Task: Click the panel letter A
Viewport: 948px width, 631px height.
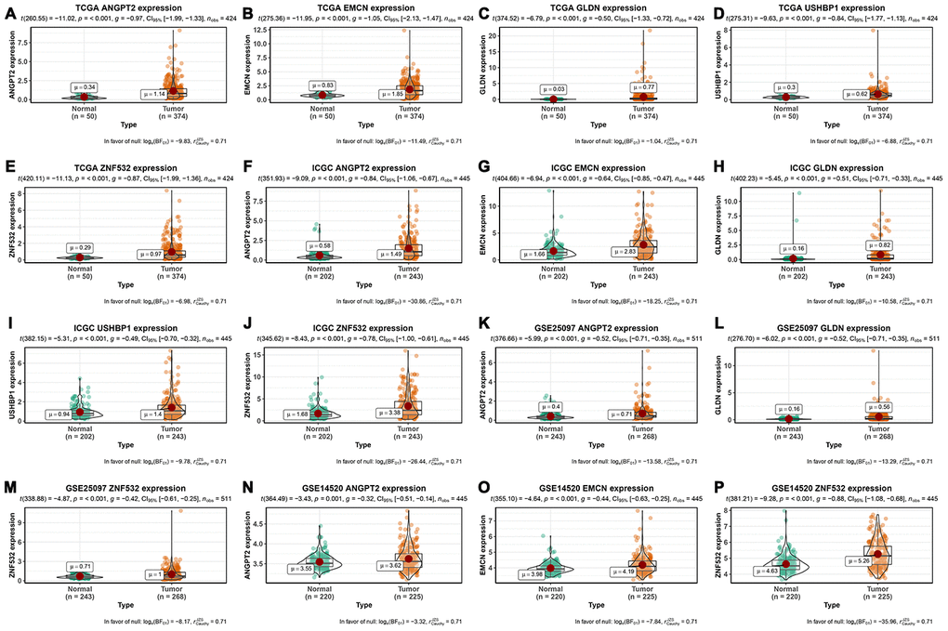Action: [8, 12]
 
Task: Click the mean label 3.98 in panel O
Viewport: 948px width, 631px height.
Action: [534, 573]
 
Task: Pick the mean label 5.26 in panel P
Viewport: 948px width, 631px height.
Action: [862, 560]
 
